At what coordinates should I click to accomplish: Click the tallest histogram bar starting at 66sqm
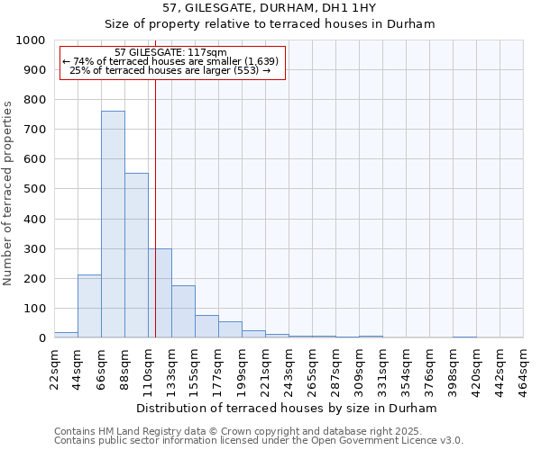click(x=113, y=225)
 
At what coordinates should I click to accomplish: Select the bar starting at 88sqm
click(x=136, y=256)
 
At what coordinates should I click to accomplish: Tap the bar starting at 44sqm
click(x=89, y=306)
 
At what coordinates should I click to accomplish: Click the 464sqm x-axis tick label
click(x=524, y=369)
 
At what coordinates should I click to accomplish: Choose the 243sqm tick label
click(x=289, y=369)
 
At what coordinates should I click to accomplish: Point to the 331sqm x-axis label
click(x=383, y=369)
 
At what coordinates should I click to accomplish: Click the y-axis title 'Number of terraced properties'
click(x=8, y=193)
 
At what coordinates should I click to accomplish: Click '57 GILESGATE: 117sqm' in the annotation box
click(x=171, y=52)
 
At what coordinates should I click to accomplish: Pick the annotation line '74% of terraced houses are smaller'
click(x=170, y=61)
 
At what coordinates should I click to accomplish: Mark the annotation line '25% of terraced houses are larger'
click(x=170, y=70)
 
